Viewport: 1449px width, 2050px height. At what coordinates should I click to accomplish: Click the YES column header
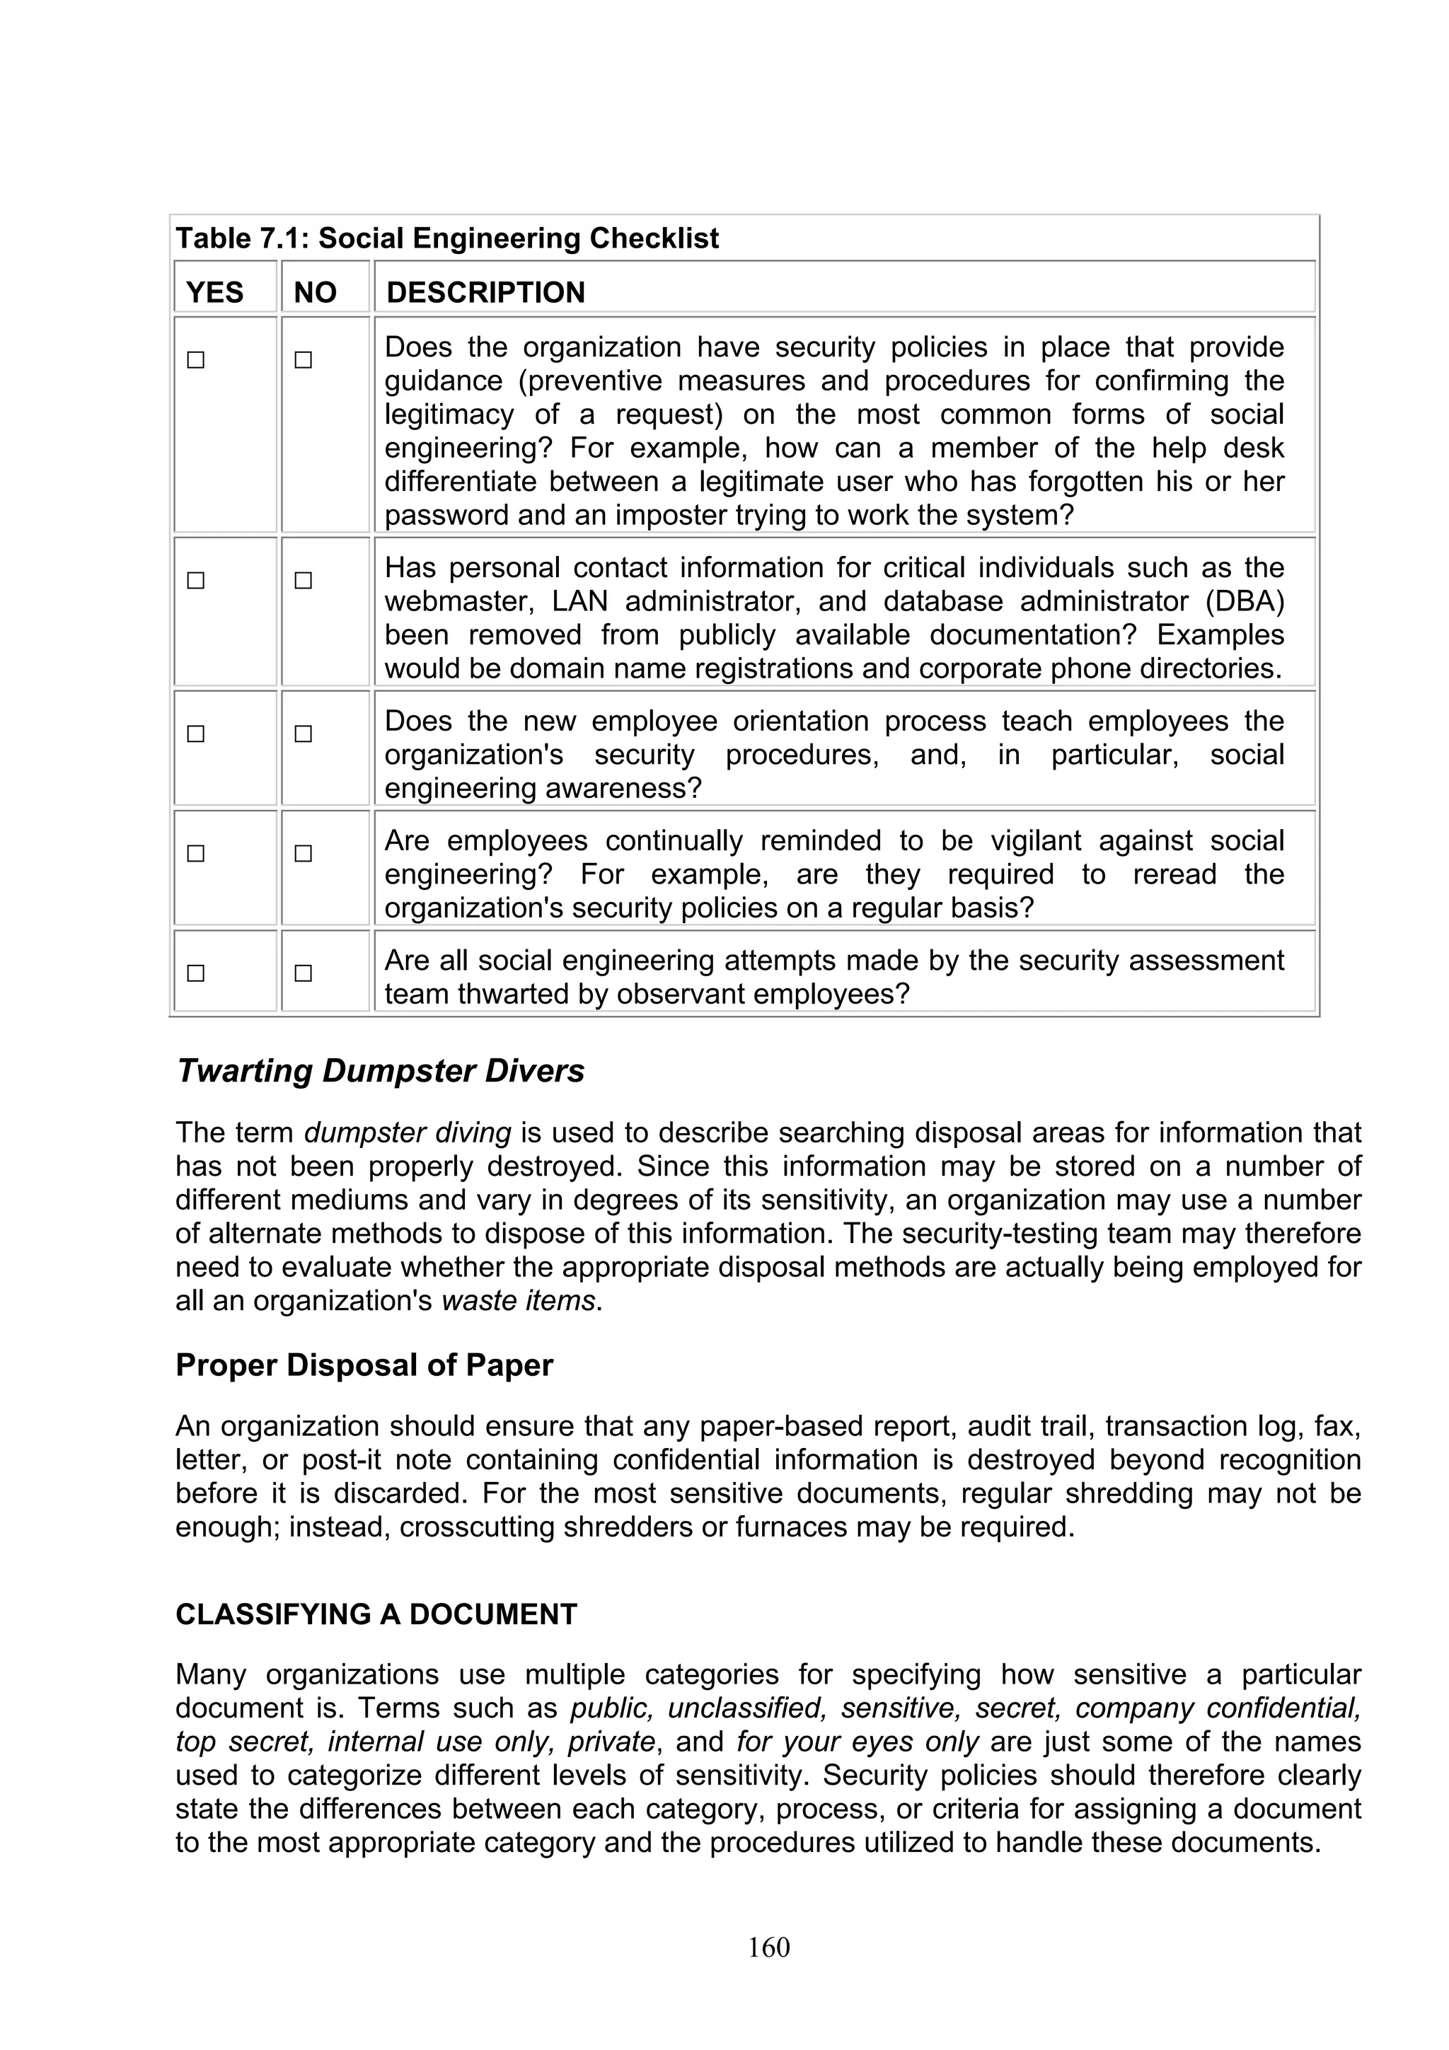pos(214,292)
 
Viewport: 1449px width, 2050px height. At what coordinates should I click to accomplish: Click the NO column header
pos(315,292)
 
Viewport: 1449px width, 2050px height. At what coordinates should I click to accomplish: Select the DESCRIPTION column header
pos(485,292)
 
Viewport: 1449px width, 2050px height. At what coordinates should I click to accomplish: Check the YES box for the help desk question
pos(195,360)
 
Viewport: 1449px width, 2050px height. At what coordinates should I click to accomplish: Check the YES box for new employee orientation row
pos(195,734)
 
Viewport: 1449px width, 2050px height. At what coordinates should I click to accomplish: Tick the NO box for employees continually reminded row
pos(304,854)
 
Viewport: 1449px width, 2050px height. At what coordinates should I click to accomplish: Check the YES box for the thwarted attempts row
pos(195,973)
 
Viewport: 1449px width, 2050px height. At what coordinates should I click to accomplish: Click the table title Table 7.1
pos(446,238)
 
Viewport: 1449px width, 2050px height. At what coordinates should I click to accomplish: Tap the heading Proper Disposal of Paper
pos(364,1365)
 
